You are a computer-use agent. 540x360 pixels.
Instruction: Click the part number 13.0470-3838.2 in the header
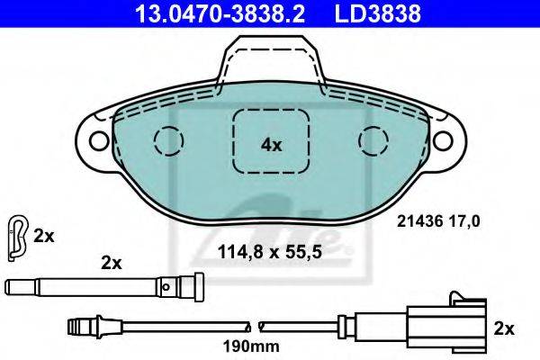pyautogui.click(x=220, y=13)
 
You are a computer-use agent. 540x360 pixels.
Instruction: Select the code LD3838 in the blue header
pyautogui.click(x=377, y=13)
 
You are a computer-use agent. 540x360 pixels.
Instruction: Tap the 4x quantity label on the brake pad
pyautogui.click(x=271, y=146)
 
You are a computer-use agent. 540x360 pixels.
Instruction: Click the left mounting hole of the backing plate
pyautogui.click(x=98, y=140)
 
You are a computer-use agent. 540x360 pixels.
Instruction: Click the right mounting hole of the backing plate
pyautogui.click(x=443, y=140)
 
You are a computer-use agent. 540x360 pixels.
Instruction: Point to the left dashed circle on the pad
pyautogui.click(x=169, y=140)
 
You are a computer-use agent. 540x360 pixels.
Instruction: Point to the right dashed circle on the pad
pyautogui.click(x=373, y=140)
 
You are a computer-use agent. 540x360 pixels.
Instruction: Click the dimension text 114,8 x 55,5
pyautogui.click(x=270, y=251)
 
